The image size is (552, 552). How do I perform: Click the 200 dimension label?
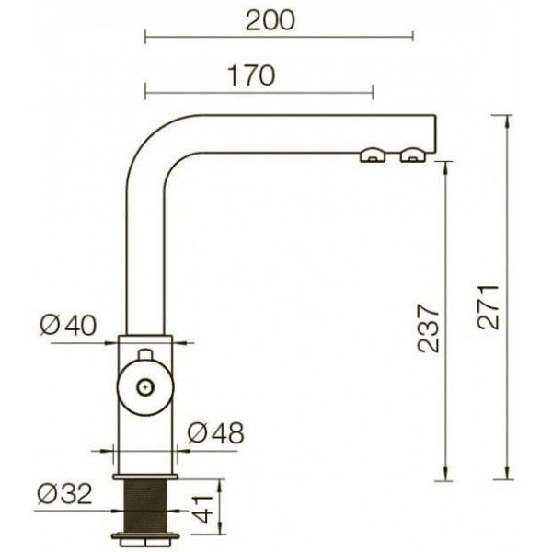270,21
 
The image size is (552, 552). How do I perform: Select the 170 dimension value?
251,75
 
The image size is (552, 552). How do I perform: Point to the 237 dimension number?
428,328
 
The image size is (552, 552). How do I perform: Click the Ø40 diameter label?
67,325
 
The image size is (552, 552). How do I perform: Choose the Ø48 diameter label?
215,432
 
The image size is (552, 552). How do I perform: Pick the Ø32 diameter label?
65,493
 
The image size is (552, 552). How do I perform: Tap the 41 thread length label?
202,510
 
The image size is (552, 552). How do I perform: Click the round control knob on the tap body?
145,387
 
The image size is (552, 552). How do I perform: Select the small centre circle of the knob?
145,387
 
